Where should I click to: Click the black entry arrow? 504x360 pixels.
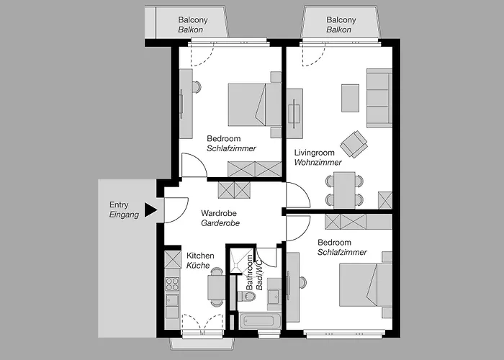point(150,210)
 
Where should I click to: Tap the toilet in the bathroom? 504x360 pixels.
point(247,296)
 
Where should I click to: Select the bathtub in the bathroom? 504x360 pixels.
point(258,321)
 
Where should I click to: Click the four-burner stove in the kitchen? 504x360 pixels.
point(172,284)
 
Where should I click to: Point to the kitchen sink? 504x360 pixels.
point(172,300)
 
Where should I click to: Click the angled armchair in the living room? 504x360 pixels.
point(354,144)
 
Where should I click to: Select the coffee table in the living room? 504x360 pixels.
point(350,98)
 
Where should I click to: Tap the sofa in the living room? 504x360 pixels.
point(379,98)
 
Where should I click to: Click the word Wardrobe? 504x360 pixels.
point(219,213)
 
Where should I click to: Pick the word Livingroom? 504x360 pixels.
point(315,153)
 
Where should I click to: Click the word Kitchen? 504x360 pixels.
point(200,256)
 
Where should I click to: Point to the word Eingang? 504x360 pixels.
point(124,215)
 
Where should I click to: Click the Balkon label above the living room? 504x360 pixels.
point(339,30)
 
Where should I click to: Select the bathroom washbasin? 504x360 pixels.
point(274,296)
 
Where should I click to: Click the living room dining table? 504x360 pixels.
point(344,189)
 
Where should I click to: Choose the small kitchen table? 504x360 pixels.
point(217,287)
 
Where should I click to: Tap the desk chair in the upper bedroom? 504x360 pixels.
point(197,87)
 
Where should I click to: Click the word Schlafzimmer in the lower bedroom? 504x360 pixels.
point(342,252)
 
